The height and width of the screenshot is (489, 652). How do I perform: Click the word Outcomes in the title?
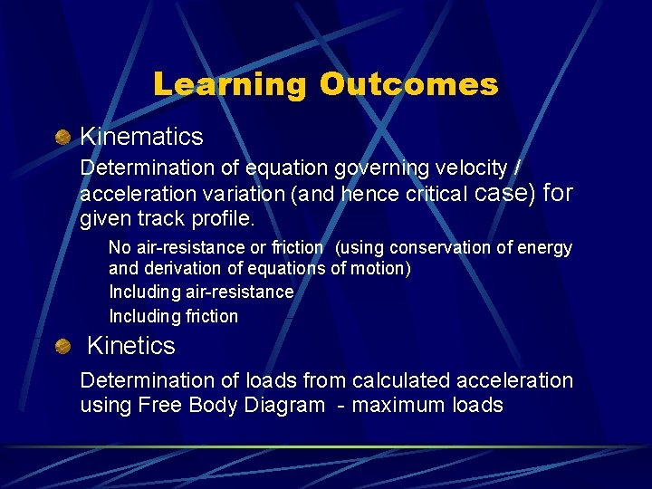tap(408, 84)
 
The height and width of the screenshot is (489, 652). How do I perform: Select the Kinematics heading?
tap(141, 137)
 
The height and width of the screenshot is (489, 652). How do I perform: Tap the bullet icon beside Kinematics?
tap(62, 138)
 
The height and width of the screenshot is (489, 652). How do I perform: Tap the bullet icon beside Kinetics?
tap(62, 346)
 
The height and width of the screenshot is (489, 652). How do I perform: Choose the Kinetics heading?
tap(130, 346)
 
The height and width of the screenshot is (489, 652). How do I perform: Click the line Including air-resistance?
tap(201, 292)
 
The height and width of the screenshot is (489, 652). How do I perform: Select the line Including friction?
tap(173, 316)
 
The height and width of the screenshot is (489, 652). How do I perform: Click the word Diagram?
tap(284, 405)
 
